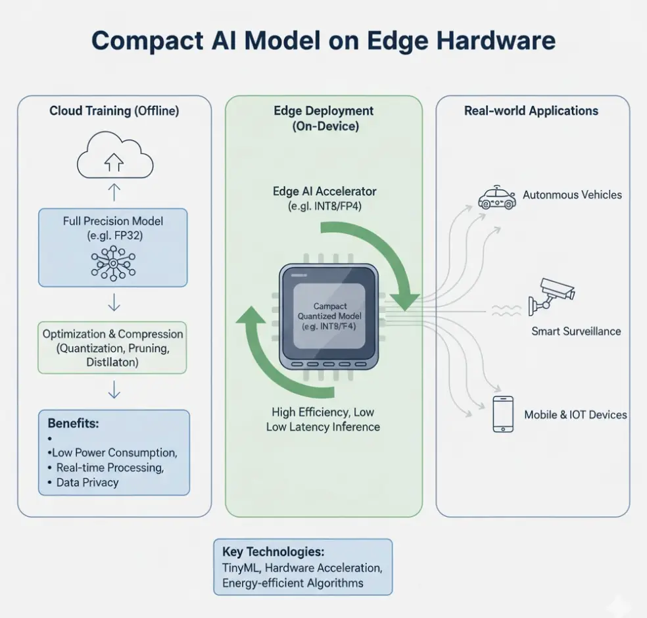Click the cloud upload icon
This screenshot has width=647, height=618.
[x=114, y=158]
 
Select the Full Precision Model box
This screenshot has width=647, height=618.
[x=112, y=247]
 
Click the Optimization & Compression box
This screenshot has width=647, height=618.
[x=112, y=348]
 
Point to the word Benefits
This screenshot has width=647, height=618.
[x=73, y=423]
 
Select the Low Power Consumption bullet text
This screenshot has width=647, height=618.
[x=114, y=453]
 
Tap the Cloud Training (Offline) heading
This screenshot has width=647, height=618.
[x=114, y=110]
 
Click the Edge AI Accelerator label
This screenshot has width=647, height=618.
[x=324, y=191]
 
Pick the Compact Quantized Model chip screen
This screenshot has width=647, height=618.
[x=325, y=316]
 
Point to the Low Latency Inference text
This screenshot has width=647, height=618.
[x=323, y=427]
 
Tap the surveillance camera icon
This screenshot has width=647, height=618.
[x=552, y=295]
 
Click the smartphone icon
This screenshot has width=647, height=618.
[x=503, y=414]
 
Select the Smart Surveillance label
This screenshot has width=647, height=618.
[x=576, y=331]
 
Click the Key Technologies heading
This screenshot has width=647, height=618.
[x=273, y=552]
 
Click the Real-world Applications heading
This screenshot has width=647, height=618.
[x=531, y=110]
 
